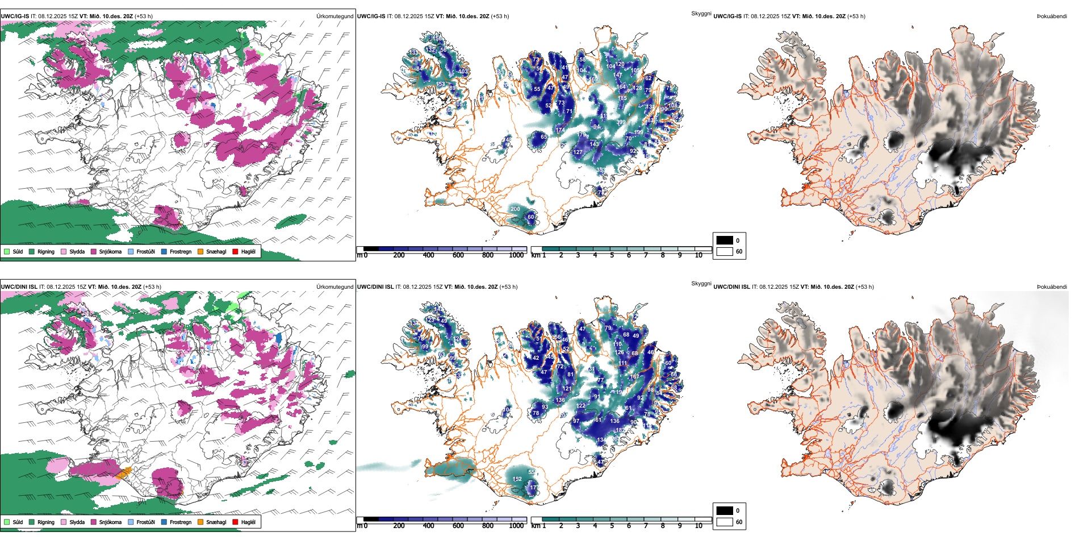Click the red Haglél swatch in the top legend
click(x=236, y=251)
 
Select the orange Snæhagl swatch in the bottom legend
click(x=201, y=522)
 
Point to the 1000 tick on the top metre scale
click(x=516, y=255)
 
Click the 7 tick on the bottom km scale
click(x=646, y=526)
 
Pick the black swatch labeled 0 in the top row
click(x=725, y=240)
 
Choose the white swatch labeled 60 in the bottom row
click(x=725, y=522)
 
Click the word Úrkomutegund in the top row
click(x=334, y=16)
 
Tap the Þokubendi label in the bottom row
click(x=1052, y=287)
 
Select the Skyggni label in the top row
click(x=701, y=13)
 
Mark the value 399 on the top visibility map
click(x=621, y=122)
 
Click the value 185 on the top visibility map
click(x=622, y=98)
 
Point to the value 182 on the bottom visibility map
click(x=621, y=430)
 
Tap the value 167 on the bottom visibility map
click(x=634, y=377)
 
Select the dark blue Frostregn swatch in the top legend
click(x=164, y=251)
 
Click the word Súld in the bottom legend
click(x=18, y=522)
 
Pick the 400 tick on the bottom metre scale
click(x=429, y=526)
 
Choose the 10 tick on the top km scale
click(x=699, y=255)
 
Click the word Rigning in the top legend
click(x=46, y=251)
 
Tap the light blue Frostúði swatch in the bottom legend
click(x=131, y=522)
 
